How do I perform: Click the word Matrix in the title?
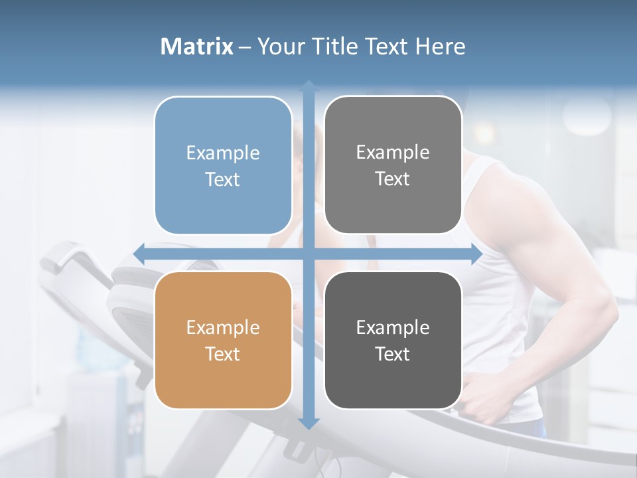[197, 46]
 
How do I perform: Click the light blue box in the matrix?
[223, 165]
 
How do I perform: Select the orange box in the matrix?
[223, 340]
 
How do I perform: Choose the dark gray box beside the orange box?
[393, 340]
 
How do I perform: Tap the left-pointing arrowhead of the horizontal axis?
[139, 254]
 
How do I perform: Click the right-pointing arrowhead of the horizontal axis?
[476, 254]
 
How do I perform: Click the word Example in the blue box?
[223, 153]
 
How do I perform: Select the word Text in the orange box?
[223, 354]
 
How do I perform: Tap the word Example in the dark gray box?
[393, 327]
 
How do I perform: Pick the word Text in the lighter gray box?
[393, 179]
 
